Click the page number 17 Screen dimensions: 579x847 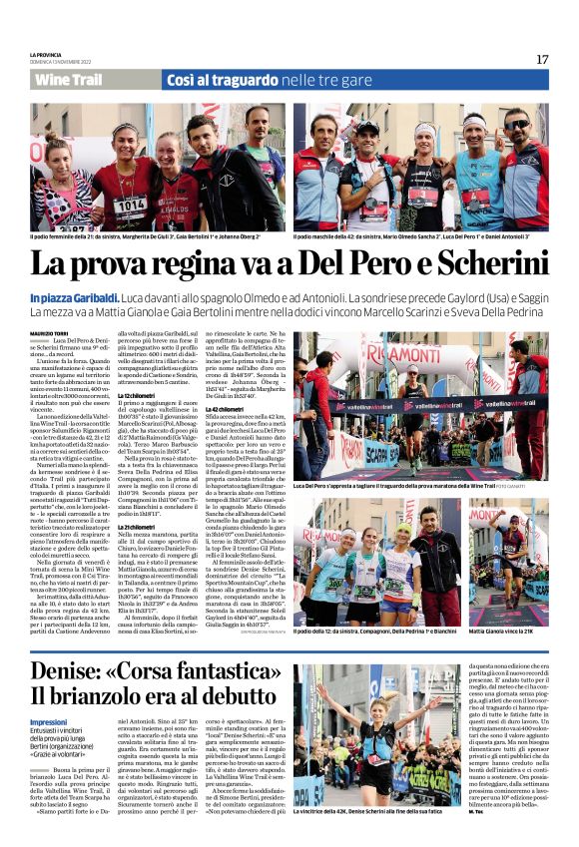point(542,59)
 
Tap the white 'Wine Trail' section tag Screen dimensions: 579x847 point(68,80)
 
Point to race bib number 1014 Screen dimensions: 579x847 point(130,205)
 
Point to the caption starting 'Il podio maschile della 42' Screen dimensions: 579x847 point(420,236)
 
